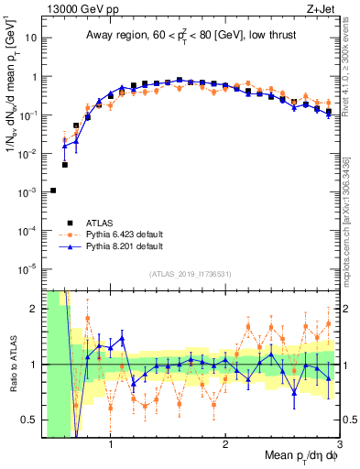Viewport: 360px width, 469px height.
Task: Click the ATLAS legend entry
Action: click(102, 222)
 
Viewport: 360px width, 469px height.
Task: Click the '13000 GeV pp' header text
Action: click(74, 8)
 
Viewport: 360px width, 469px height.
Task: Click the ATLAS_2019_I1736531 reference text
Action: click(190, 274)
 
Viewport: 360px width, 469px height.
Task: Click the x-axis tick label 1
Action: click(111, 445)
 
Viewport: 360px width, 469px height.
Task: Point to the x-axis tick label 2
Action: click(225, 445)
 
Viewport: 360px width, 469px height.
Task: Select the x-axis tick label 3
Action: click(339, 445)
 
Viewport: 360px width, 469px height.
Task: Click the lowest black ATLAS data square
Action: click(53, 191)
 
